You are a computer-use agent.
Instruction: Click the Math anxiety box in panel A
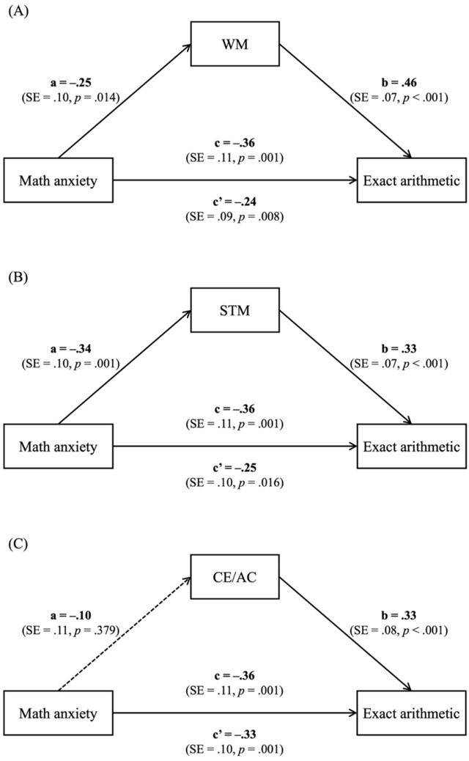point(58,180)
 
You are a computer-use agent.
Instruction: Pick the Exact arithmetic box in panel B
point(410,446)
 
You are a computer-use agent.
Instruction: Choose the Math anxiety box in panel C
point(58,713)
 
